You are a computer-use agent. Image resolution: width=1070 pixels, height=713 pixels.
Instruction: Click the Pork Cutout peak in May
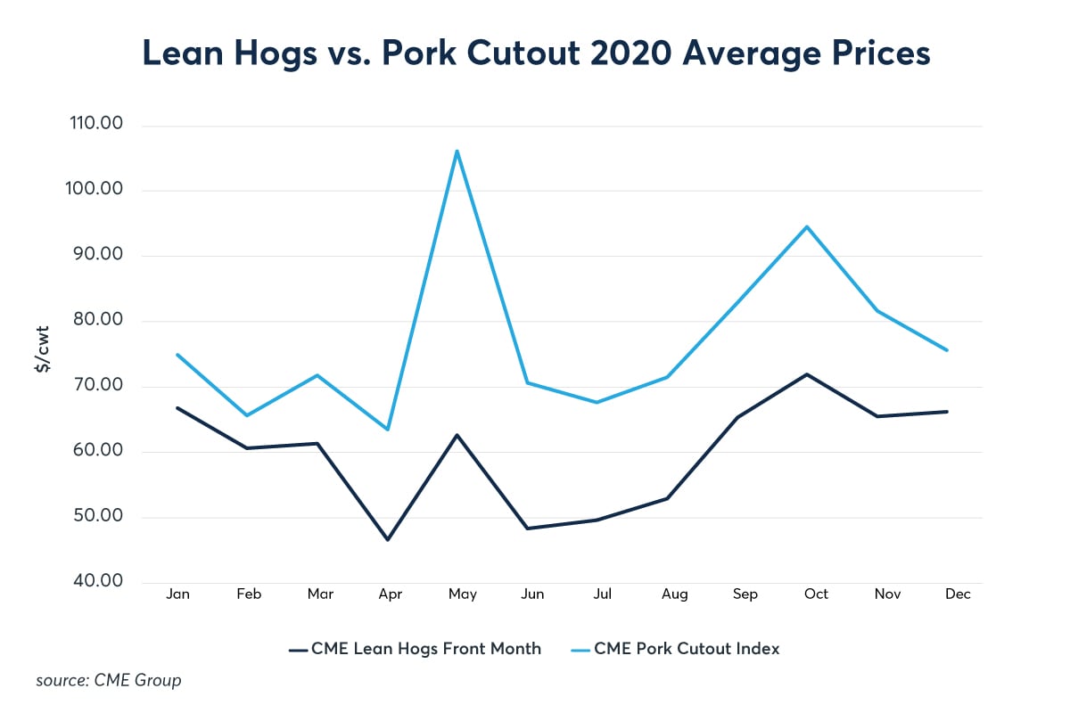click(457, 151)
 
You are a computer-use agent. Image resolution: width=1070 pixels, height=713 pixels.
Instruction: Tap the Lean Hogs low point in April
click(388, 539)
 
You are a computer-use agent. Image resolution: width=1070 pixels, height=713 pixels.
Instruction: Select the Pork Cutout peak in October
click(808, 226)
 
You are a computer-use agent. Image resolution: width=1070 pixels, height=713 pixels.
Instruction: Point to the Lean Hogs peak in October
click(808, 374)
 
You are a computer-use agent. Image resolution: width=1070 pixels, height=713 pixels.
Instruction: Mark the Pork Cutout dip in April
click(388, 430)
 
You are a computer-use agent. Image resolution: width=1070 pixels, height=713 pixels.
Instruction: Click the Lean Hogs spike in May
click(457, 435)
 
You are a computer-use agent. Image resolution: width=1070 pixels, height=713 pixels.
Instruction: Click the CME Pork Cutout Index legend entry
click(674, 649)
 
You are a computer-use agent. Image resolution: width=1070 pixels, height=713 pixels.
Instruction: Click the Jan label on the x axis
click(177, 594)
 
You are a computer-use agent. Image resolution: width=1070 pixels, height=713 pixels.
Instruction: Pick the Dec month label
click(959, 594)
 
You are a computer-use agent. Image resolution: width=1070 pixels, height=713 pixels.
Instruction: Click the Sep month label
click(745, 594)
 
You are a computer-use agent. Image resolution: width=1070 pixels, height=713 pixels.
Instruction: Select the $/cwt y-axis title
click(43, 354)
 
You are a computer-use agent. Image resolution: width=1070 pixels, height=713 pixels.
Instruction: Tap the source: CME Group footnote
click(108, 681)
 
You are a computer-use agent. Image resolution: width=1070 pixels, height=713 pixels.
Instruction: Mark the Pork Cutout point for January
click(177, 355)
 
